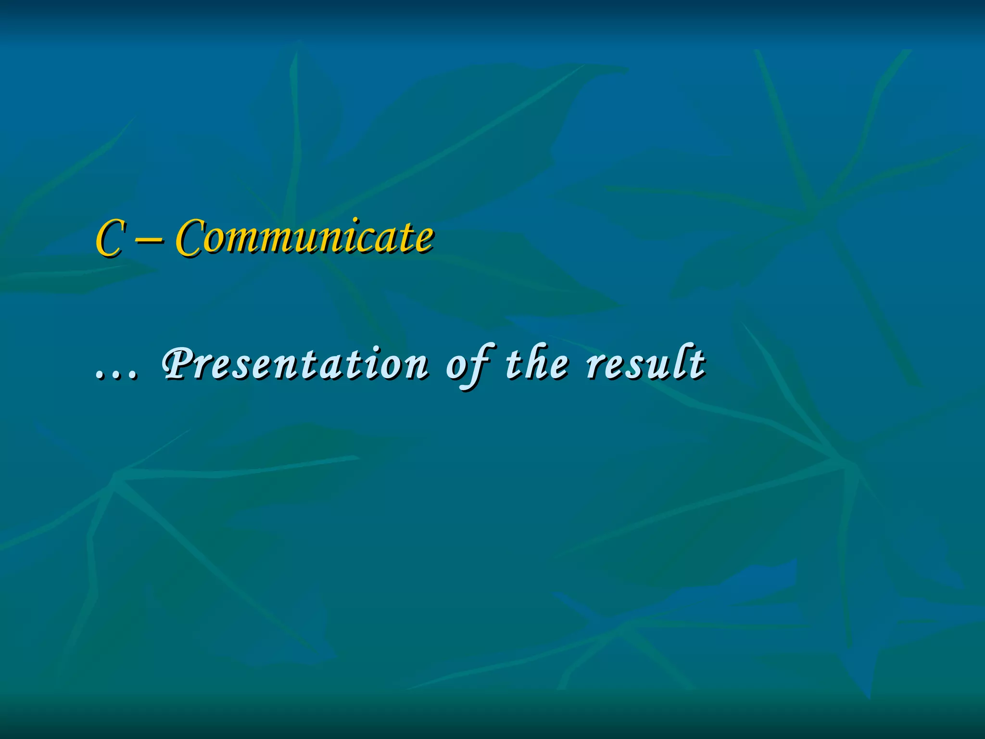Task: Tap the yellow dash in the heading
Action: (x=149, y=241)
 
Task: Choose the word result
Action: (x=645, y=363)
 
